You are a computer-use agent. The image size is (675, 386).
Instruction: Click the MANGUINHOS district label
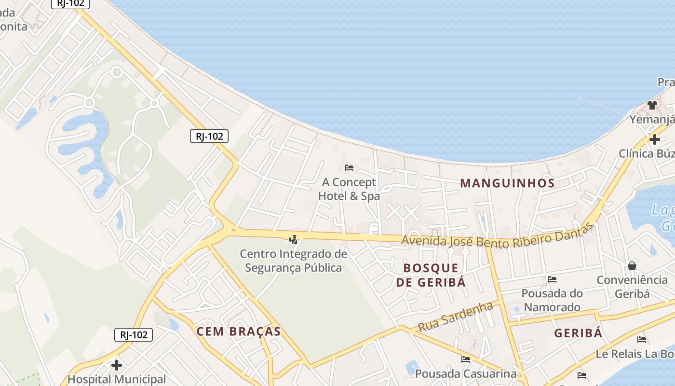tap(507, 183)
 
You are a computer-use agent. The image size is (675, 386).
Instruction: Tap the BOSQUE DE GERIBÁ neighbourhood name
tap(431, 275)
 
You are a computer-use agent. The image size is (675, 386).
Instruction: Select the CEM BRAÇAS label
tap(238, 331)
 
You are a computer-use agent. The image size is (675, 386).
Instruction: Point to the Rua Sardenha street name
tap(456, 317)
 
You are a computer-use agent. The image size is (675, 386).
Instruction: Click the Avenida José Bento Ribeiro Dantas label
tap(497, 236)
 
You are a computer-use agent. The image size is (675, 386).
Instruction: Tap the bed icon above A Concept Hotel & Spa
tap(349, 168)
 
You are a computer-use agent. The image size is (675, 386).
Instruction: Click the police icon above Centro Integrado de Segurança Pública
tap(293, 239)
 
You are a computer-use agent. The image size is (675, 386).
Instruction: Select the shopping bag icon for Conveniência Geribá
tap(632, 266)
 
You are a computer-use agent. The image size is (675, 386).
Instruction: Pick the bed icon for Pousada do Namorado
tap(552, 279)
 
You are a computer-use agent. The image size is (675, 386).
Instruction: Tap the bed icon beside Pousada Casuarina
tap(466, 359)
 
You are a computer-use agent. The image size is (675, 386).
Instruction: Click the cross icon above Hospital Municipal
tap(116, 365)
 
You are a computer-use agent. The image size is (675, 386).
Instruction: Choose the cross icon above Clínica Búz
tap(654, 139)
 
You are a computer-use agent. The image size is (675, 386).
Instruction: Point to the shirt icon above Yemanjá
tap(652, 105)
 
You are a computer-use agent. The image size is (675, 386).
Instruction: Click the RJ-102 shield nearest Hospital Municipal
tap(134, 335)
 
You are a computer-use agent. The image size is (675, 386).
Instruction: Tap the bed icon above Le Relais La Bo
tap(641, 340)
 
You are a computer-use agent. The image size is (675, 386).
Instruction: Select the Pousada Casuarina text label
tap(466, 373)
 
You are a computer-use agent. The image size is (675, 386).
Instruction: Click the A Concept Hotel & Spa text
tap(349, 189)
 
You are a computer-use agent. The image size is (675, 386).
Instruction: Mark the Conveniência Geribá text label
tap(632, 287)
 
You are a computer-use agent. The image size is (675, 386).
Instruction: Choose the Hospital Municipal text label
tap(116, 379)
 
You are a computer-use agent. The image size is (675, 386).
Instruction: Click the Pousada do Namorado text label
tap(552, 300)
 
